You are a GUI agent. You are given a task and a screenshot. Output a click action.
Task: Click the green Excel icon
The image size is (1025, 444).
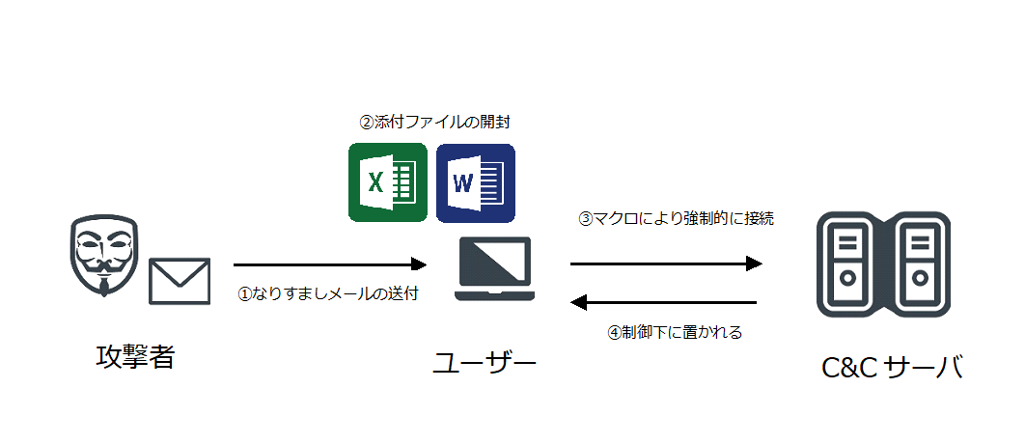pyautogui.click(x=388, y=183)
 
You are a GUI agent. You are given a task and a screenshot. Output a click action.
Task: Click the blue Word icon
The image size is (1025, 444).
pyautogui.click(x=475, y=183)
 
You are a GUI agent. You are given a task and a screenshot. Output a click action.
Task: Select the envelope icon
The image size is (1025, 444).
pyautogui.click(x=180, y=281)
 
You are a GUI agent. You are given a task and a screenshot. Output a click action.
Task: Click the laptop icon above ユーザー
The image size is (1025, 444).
pyautogui.click(x=495, y=268)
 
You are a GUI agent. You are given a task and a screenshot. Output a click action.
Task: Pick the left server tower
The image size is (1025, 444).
pyautogui.click(x=847, y=264)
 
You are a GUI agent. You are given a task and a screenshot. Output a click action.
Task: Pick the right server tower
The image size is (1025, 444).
pyautogui.click(x=919, y=264)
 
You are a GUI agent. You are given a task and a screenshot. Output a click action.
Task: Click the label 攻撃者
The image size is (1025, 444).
pyautogui.click(x=135, y=357)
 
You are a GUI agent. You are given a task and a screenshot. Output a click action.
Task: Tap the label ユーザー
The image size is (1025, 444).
pyautogui.click(x=485, y=364)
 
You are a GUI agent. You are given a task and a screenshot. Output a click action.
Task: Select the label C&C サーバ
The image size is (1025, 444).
pyautogui.click(x=893, y=368)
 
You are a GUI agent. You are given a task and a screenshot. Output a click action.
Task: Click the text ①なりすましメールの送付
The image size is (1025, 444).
pyautogui.click(x=327, y=294)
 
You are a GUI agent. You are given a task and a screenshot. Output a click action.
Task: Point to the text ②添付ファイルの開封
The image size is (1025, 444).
pyautogui.click(x=434, y=122)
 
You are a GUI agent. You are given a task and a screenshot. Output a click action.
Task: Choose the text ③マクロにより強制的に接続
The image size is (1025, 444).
pyautogui.click(x=677, y=218)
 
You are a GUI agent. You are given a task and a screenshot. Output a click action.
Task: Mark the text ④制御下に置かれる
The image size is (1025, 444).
pyautogui.click(x=675, y=332)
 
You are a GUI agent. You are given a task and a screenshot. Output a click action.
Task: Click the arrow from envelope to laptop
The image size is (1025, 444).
pyautogui.click(x=330, y=264)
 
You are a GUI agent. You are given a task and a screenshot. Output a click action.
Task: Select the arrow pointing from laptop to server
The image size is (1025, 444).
pyautogui.click(x=667, y=264)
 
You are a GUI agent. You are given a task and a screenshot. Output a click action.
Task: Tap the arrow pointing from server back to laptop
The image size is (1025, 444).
pyautogui.click(x=663, y=302)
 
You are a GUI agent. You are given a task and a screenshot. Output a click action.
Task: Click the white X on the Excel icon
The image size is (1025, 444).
pyautogui.click(x=375, y=182)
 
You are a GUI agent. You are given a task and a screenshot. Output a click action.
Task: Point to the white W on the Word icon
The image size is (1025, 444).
pyautogui.click(x=462, y=182)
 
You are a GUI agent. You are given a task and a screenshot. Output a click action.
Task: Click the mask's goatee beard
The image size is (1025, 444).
pyautogui.click(x=104, y=288)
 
